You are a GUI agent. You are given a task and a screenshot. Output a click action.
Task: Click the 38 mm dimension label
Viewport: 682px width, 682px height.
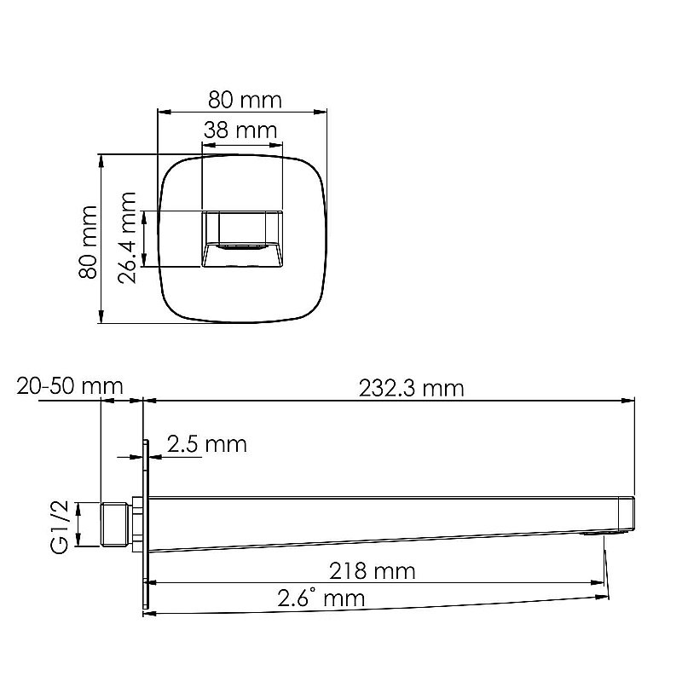click(x=240, y=130)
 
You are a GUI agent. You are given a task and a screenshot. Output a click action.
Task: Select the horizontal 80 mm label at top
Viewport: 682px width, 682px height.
click(x=245, y=100)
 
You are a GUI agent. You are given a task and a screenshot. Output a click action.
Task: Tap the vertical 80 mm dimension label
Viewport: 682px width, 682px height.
click(x=85, y=241)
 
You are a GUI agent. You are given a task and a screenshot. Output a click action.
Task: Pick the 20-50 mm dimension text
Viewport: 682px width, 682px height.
click(x=69, y=386)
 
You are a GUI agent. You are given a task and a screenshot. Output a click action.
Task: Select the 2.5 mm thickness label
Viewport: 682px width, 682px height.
click(x=206, y=444)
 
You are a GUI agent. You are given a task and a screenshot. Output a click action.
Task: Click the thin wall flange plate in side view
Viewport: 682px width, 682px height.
click(x=146, y=524)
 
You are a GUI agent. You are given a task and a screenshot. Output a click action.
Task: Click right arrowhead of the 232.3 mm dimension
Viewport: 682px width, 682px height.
click(x=631, y=400)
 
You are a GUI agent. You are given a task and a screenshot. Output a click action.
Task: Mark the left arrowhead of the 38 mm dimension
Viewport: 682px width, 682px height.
click(x=206, y=143)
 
